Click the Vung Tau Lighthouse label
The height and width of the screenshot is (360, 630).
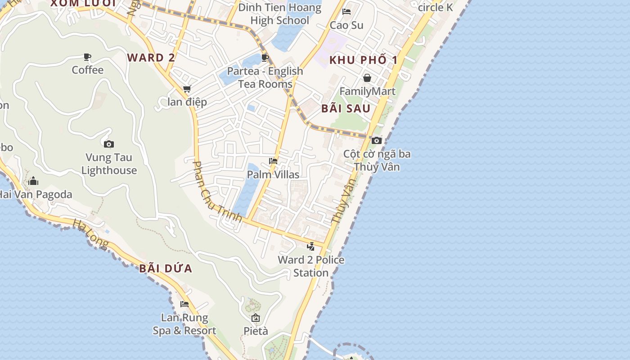(x=109, y=164)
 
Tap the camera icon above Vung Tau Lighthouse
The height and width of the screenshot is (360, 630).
(x=108, y=144)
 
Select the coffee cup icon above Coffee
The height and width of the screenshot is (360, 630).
(x=87, y=57)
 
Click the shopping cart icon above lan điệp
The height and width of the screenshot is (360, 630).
(x=187, y=89)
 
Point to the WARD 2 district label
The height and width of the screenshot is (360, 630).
(x=151, y=58)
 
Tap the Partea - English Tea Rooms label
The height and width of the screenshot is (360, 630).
(x=265, y=77)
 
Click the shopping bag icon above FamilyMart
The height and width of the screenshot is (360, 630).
(x=367, y=78)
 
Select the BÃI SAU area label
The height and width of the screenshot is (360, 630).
(x=346, y=108)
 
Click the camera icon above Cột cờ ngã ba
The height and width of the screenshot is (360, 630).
(x=377, y=140)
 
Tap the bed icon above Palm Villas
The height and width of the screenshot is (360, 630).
(x=273, y=161)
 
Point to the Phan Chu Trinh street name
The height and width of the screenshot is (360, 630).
(x=217, y=192)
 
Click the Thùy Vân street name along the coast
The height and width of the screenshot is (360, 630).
(x=343, y=201)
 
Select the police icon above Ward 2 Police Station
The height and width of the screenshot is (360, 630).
(x=310, y=246)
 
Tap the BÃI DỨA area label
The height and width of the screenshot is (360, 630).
(x=166, y=269)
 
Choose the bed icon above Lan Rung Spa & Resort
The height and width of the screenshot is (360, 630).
(x=184, y=304)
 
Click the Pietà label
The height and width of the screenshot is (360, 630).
(x=256, y=331)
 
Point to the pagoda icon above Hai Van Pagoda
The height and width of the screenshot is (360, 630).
(x=33, y=181)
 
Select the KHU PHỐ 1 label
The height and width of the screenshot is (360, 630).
(x=364, y=60)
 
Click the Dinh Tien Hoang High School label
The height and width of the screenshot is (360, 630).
(x=279, y=14)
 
